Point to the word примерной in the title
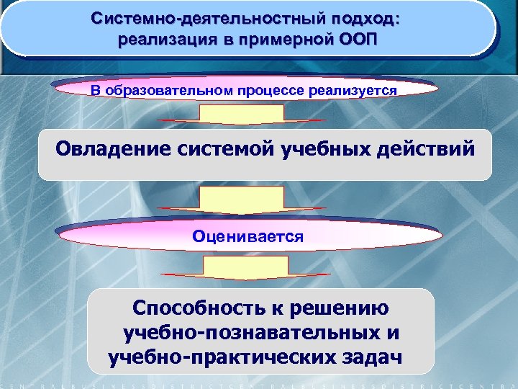[281, 37]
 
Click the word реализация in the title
[168, 37]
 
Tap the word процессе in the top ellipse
[269, 91]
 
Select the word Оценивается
[247, 236]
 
